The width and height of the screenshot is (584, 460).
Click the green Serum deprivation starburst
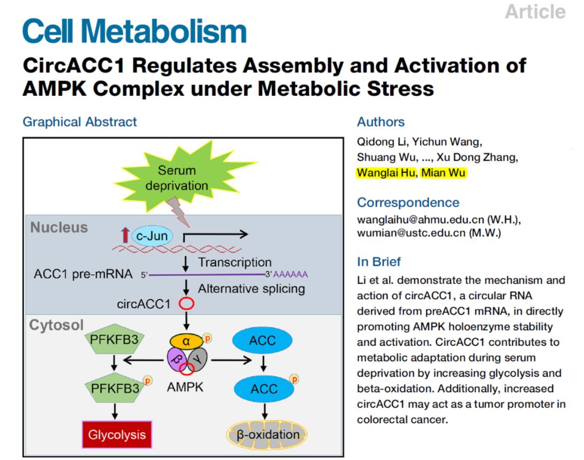coord(176,179)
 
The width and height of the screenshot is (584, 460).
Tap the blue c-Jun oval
coord(151,235)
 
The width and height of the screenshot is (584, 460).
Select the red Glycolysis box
coord(117,434)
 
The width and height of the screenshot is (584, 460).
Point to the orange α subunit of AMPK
coord(187,341)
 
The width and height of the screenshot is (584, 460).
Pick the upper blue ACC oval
coord(262,341)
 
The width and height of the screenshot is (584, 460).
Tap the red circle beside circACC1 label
coord(187,304)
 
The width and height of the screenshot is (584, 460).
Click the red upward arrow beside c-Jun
coord(125,235)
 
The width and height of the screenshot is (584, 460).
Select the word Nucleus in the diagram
coord(59,227)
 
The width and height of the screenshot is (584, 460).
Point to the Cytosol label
coord(57,325)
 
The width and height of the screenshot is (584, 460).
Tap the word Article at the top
coord(535,11)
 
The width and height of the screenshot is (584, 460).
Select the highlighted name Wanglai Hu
coord(386,173)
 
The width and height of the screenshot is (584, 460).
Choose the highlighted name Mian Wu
coord(443,173)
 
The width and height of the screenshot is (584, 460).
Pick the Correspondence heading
coord(408,202)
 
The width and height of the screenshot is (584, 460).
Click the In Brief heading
coord(379,262)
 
